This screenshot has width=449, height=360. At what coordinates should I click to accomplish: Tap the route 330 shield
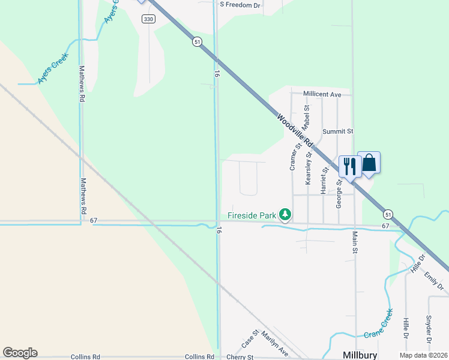coord(148,19)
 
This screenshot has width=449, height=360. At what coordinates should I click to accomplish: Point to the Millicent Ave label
coord(322,94)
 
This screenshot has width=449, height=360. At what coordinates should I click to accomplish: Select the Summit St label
coord(338,131)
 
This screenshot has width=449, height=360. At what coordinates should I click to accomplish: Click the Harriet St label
coord(324,179)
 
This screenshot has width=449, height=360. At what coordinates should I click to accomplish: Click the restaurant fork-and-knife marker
coord(349,166)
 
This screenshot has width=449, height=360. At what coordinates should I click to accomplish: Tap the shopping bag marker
coord(369,162)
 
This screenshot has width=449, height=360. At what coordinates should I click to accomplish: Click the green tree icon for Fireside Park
coord(285,214)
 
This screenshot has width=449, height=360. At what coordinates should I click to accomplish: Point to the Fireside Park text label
coord(252,215)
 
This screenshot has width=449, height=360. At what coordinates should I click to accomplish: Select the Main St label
coord(355,242)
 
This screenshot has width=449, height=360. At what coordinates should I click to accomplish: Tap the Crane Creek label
coord(379,323)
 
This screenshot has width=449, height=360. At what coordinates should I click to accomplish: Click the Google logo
coord(20,352)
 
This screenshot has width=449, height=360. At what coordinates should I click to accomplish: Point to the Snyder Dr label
coord(429,329)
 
